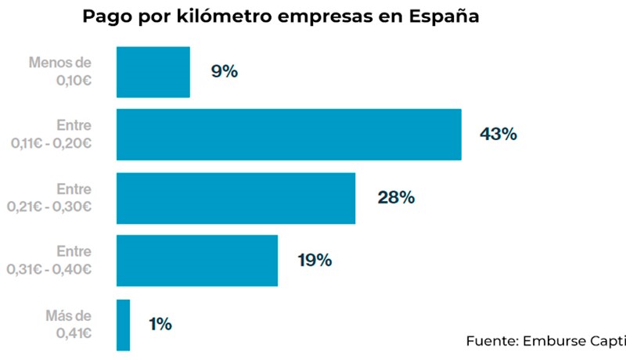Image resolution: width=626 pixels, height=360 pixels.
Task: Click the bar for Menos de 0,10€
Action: [x=153, y=72]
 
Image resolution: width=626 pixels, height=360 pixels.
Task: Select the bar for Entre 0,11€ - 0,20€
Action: [x=289, y=135]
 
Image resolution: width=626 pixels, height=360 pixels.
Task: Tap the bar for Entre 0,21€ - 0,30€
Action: [x=236, y=198]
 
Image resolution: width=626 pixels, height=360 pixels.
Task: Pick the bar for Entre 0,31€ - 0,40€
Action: [x=197, y=261]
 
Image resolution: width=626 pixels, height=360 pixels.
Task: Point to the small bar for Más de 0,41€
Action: [x=123, y=324]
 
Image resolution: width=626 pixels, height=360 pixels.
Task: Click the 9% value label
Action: [x=224, y=72]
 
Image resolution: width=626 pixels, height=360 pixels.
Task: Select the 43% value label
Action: [x=498, y=135]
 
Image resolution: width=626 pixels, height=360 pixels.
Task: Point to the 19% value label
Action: [x=315, y=261]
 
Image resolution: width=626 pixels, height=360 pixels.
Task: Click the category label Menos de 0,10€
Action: [x=60, y=70]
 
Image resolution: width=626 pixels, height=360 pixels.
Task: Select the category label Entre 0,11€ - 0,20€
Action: [x=52, y=134]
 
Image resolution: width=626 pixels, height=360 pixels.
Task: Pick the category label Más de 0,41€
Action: [x=69, y=324]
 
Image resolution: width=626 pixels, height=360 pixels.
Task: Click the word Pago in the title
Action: [x=107, y=18]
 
